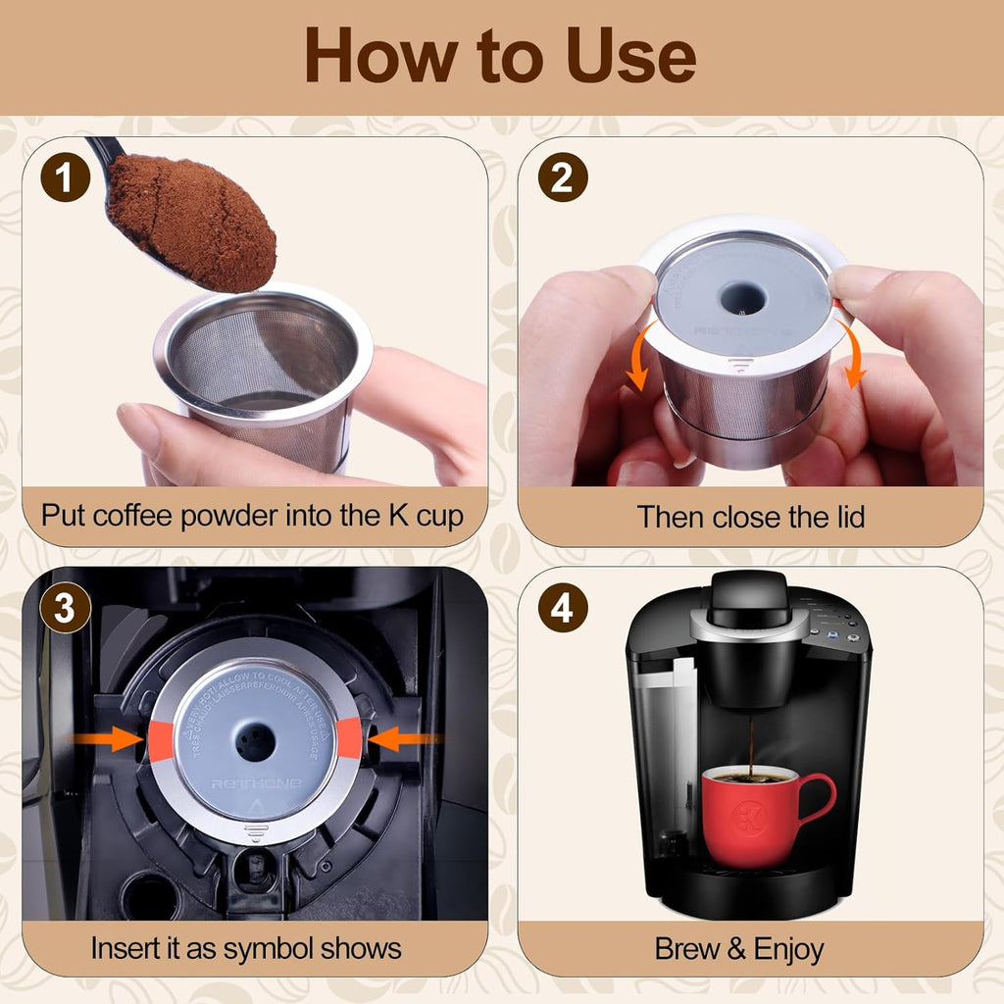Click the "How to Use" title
501,56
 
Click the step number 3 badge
65,608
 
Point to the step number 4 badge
563,608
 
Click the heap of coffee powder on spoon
191,221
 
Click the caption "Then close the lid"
751,517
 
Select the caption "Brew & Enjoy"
739,948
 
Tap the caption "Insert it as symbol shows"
246,948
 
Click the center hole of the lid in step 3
256,742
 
